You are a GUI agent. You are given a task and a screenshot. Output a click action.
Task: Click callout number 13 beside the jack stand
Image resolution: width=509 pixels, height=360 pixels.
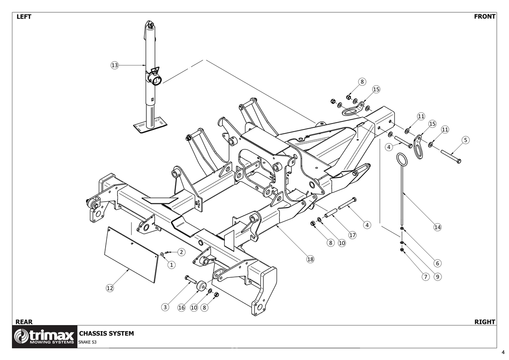114,65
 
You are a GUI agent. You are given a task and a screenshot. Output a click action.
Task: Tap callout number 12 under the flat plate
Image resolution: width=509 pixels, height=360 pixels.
109,288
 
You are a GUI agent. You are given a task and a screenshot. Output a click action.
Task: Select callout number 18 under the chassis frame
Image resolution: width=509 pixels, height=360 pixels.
310,259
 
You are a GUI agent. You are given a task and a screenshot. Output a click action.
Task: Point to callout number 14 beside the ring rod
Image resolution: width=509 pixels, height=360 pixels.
437,227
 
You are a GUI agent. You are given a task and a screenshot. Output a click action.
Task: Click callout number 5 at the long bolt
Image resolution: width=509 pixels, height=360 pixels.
465,140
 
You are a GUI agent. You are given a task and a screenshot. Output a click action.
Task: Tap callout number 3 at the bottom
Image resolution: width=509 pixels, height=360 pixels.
165,307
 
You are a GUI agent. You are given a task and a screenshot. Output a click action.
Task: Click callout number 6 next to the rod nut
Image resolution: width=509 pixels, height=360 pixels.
437,263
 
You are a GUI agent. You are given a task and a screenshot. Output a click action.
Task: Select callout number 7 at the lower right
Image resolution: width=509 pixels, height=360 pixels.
425,277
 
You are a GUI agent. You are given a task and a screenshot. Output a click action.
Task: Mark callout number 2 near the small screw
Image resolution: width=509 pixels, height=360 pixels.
181,252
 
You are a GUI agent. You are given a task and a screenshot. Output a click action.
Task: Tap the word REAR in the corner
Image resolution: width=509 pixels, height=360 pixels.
24,322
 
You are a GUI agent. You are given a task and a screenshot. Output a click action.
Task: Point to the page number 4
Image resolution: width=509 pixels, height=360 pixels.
503,352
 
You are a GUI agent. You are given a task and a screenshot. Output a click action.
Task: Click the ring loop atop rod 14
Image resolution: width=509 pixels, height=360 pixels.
402,160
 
